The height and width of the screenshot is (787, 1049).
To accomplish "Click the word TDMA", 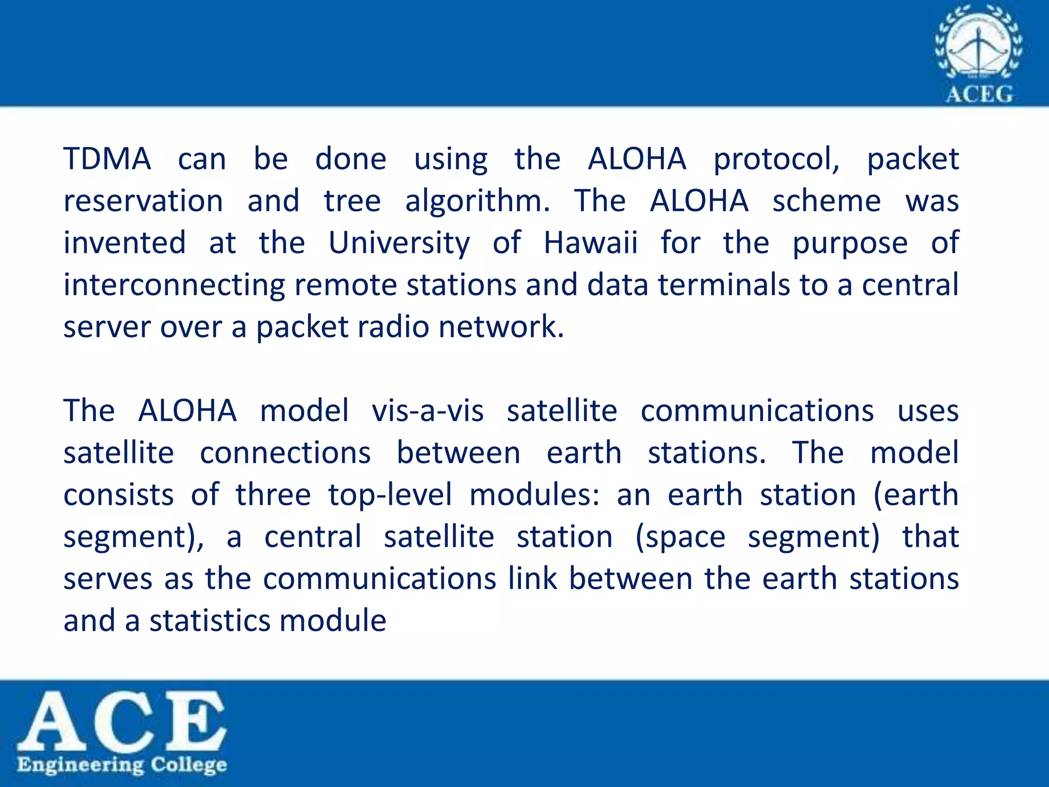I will point(107,158).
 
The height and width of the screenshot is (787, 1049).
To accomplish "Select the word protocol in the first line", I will point(777,159).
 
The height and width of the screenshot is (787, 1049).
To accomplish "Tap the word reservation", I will point(143,200).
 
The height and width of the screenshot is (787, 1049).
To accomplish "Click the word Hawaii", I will point(591,242).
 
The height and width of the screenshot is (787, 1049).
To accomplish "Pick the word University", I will point(399,243).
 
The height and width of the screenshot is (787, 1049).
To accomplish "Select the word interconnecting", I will point(174,285).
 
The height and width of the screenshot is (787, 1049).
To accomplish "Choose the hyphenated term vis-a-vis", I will point(428,410).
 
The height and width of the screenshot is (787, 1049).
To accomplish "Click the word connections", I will point(285,452).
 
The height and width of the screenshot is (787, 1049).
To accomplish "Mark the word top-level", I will point(390,495).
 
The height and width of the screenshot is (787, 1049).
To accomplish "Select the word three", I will point(273,494).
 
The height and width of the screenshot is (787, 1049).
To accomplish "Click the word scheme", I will point(827,200).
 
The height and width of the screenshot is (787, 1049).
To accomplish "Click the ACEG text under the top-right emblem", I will point(979,94).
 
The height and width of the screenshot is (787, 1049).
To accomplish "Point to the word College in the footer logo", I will point(188,765).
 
